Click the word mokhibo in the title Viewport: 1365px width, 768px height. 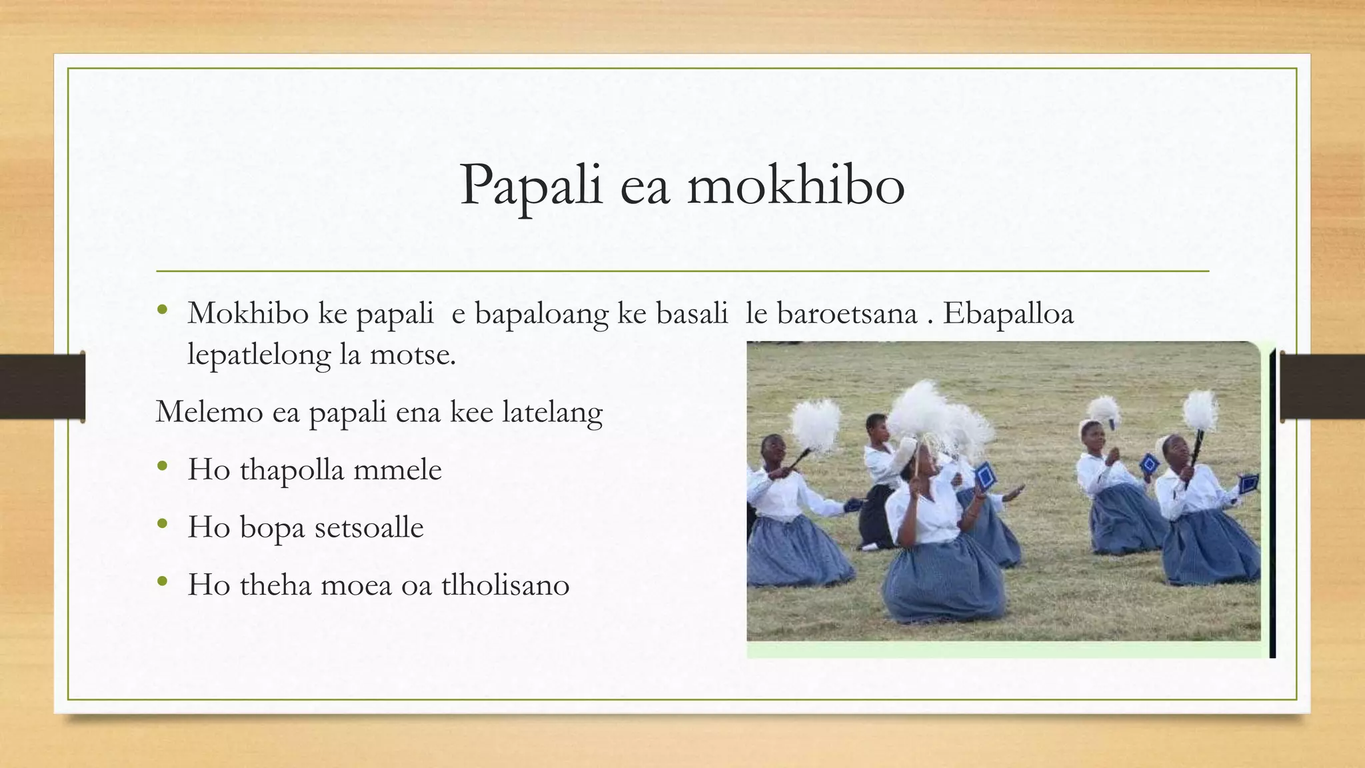click(796, 185)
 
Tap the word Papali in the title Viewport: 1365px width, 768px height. click(531, 185)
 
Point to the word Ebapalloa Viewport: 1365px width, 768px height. click(1008, 313)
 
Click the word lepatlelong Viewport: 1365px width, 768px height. click(259, 355)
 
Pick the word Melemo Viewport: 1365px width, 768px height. click(209, 412)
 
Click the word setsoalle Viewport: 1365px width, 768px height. click(369, 527)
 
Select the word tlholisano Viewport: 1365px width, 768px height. click(505, 585)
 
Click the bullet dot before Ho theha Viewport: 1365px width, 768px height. click(163, 581)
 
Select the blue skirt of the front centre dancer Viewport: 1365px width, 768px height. click(943, 580)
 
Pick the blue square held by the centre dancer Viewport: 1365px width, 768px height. click(985, 477)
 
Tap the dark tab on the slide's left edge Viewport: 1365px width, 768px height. click(42, 387)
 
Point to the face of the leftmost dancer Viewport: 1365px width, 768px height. click(774, 451)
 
